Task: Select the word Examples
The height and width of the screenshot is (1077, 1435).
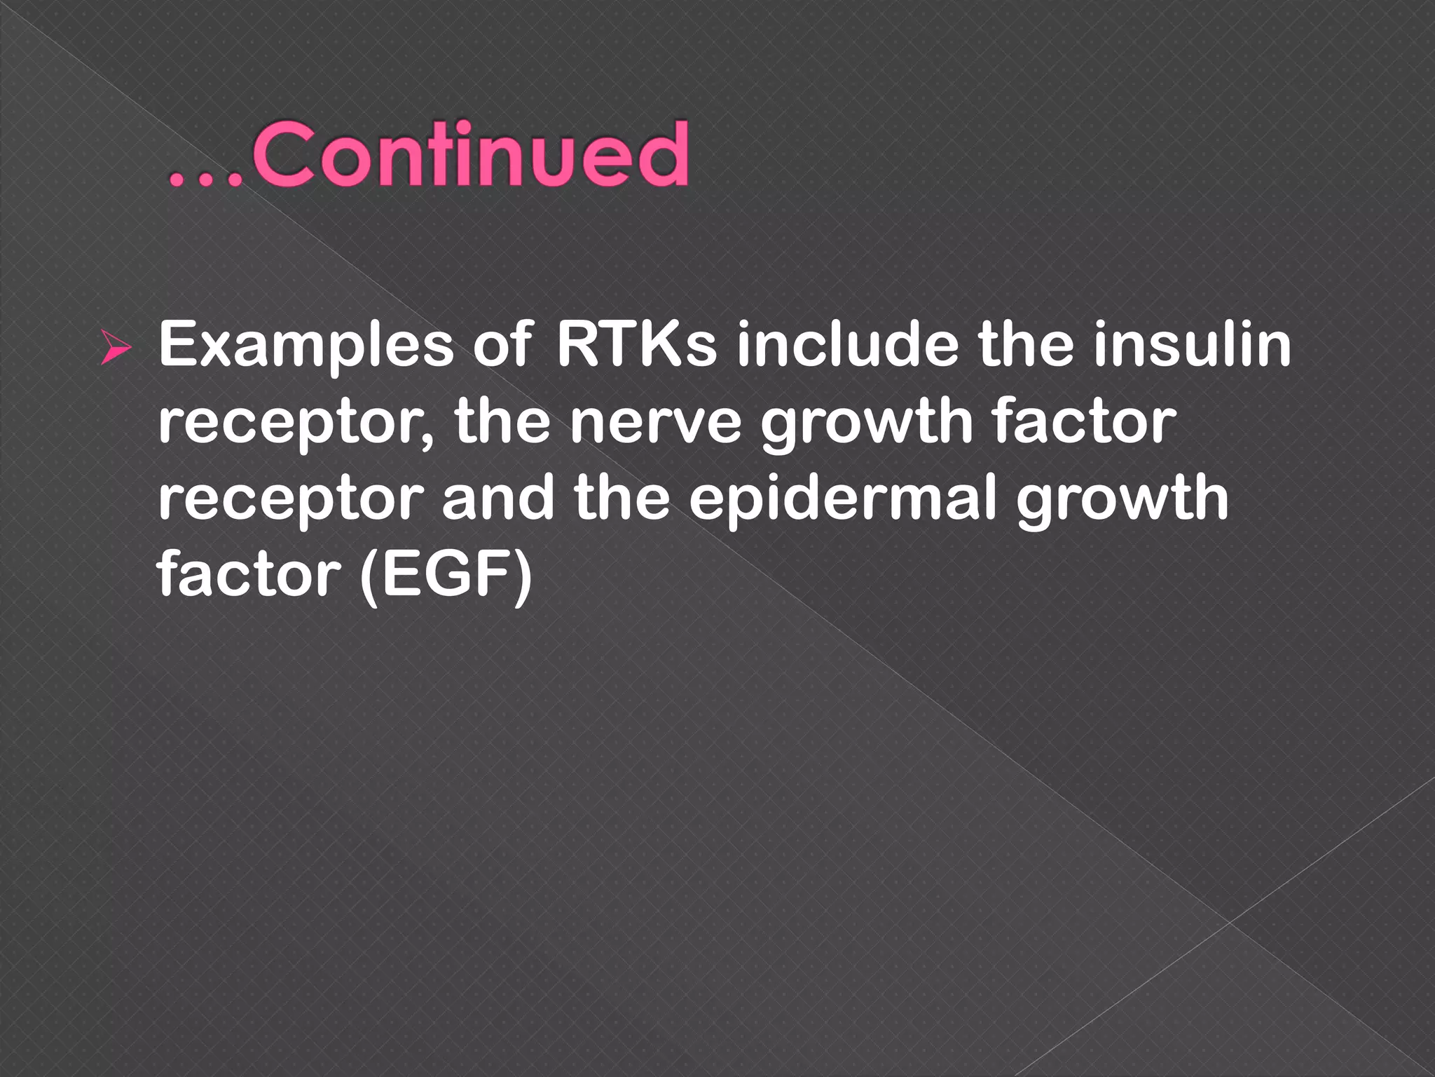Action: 307,345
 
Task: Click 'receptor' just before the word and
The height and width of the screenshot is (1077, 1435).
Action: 290,499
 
